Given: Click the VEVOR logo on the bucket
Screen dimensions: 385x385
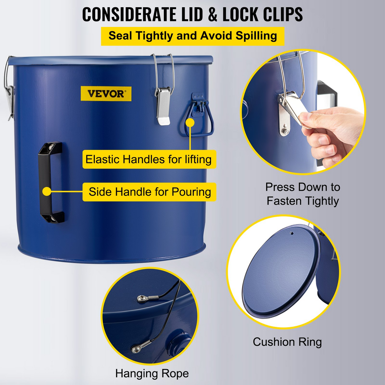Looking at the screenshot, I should point(106,94).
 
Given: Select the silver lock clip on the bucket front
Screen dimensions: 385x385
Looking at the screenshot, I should point(163,105).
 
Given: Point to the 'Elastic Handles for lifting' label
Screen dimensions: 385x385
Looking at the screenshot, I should point(149,159).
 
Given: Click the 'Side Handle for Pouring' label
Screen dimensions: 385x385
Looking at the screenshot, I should point(149,192).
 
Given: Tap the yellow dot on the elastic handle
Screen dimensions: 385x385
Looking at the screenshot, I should point(190,123).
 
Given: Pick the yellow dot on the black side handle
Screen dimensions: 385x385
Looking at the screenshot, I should point(47,191).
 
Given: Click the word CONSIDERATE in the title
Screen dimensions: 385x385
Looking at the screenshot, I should point(129,14).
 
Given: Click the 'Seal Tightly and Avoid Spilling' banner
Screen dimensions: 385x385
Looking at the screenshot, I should point(193,36).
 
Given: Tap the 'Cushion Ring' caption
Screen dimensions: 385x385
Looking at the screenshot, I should point(287,342).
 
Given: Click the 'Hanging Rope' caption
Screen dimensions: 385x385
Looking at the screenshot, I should point(152,374).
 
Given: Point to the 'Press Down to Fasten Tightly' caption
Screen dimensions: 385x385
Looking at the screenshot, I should point(303,194).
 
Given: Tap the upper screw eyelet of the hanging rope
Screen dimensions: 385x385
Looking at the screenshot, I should point(141,299).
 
